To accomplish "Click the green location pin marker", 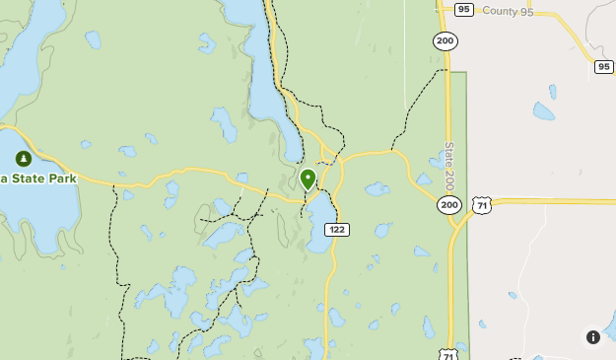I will (x=308, y=179).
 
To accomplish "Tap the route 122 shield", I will (x=337, y=229).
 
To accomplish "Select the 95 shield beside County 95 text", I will (x=464, y=10).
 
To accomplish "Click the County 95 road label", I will (x=508, y=11).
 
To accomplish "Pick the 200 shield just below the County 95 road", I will (x=445, y=40).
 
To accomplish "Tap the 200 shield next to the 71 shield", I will (x=449, y=204).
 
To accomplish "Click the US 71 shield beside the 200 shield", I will (x=481, y=204).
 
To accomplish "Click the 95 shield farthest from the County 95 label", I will (x=604, y=66).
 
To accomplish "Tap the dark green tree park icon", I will (x=23, y=158).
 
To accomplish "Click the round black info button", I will (x=593, y=337).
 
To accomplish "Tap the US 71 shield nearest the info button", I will (x=449, y=353).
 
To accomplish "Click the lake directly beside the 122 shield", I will (x=318, y=222).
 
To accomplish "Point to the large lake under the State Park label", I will (x=34, y=212).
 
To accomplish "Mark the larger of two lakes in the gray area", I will (x=543, y=111).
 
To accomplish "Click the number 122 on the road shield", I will (x=337, y=229).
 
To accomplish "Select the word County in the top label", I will (x=500, y=11).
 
